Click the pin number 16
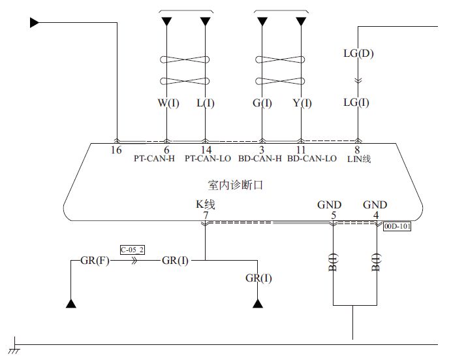116,150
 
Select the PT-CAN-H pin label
153,159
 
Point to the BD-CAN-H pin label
260,159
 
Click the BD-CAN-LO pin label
312,159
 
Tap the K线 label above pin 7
206,205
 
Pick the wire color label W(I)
168,103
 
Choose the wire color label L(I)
206,103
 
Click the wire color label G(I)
262,103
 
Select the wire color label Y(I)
301,103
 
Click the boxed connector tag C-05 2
132,250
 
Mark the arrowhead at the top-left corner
35,23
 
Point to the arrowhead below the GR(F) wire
70,304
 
